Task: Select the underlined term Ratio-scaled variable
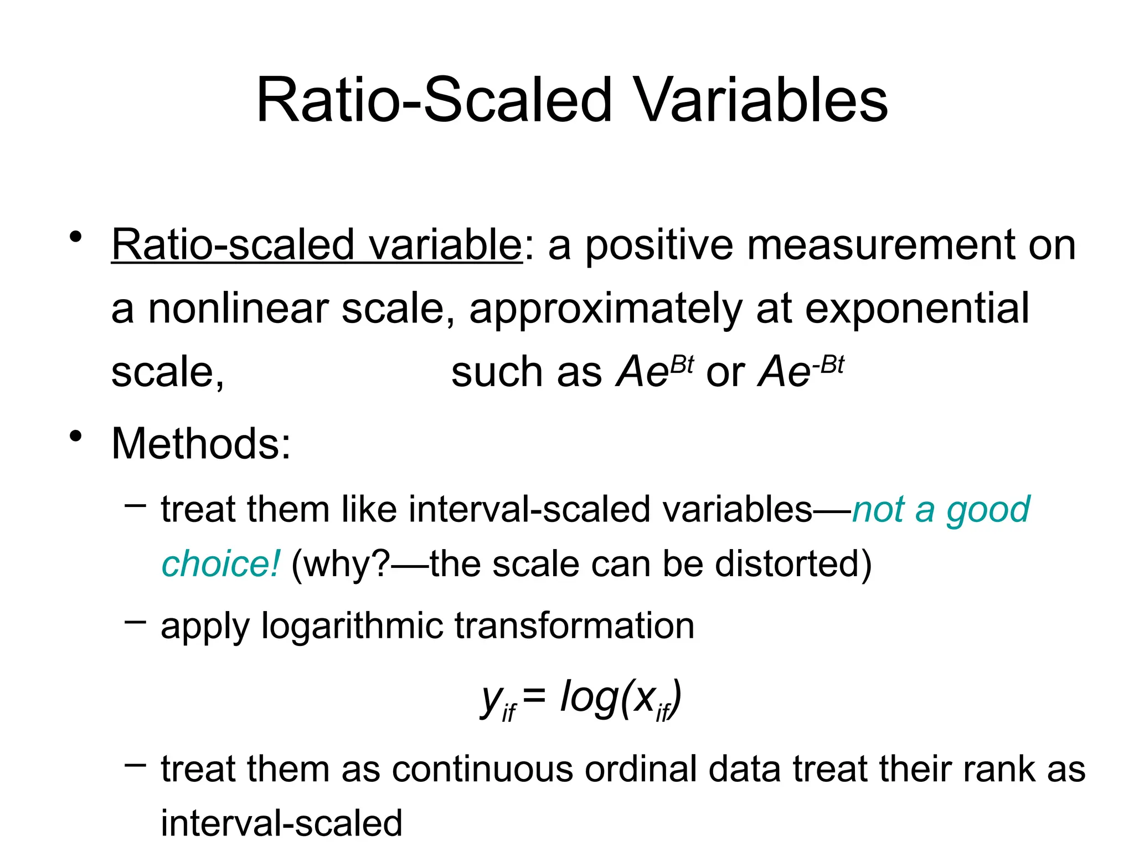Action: click(316, 245)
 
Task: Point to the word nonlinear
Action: click(238, 309)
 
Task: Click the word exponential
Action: click(916, 309)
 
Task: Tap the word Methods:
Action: click(200, 444)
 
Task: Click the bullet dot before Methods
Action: click(76, 436)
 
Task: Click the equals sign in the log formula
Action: click(534, 695)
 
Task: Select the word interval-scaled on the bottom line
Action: click(281, 823)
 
